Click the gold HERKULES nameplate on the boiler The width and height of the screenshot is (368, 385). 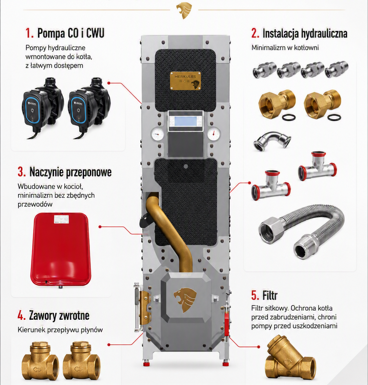186,80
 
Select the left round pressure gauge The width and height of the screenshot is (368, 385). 157,134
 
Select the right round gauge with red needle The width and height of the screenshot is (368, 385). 214,134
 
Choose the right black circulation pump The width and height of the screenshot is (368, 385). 89,108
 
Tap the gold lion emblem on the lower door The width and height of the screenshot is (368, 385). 185,300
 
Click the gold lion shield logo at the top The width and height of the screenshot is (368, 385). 184,10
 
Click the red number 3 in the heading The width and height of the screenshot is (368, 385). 21,172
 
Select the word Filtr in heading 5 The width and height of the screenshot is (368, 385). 270,295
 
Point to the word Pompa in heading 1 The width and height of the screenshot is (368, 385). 51,33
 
